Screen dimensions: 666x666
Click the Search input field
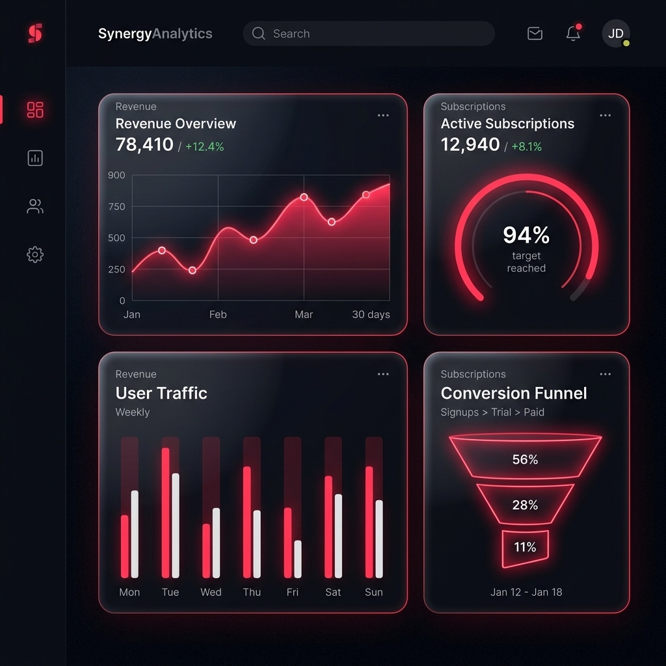[368, 34]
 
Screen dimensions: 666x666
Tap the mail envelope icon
[535, 34]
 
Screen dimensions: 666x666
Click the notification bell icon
[573, 34]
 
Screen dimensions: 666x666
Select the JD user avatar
[615, 34]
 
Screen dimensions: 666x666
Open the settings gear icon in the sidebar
[35, 254]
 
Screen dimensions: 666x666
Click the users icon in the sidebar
[35, 207]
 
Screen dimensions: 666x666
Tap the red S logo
[35, 33]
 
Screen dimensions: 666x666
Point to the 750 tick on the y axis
[117, 207]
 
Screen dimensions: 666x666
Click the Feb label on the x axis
[218, 315]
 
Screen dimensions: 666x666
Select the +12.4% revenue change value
[204, 147]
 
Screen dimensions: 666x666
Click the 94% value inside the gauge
[526, 235]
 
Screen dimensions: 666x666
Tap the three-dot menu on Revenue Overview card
[383, 116]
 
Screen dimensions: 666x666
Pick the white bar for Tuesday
[176, 526]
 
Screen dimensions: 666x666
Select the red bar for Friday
[287, 542]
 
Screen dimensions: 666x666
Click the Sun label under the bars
[374, 593]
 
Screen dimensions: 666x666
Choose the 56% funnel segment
[525, 460]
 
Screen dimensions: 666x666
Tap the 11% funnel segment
[525, 548]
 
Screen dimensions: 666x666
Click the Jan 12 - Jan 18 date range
[526, 593]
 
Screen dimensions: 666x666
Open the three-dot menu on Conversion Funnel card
[606, 375]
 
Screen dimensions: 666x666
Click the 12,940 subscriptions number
[470, 145]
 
